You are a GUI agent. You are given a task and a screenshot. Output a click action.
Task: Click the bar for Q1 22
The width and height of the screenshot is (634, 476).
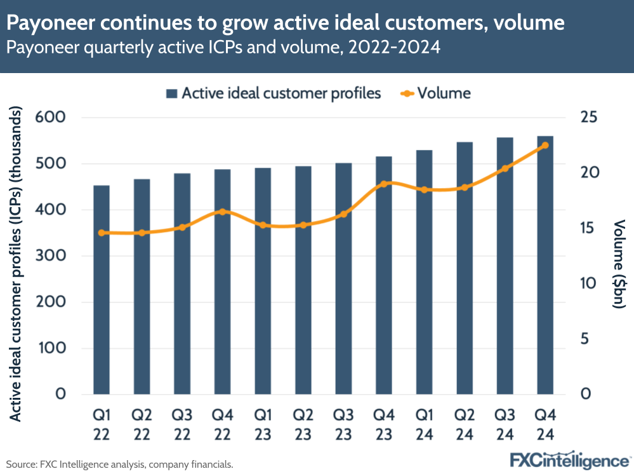(x=102, y=290)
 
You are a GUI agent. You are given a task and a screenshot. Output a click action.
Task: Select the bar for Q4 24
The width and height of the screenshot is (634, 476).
(x=545, y=265)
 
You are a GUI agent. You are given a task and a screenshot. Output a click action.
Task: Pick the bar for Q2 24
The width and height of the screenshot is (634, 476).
(x=465, y=268)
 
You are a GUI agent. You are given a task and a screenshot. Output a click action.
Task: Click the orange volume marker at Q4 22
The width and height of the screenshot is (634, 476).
(x=222, y=212)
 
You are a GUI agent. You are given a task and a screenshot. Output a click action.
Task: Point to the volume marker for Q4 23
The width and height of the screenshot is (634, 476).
(x=383, y=184)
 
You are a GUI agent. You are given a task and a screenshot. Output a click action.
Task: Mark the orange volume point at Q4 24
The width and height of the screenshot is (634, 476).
(x=545, y=146)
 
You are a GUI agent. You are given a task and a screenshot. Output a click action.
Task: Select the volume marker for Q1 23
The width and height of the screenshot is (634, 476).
(x=263, y=225)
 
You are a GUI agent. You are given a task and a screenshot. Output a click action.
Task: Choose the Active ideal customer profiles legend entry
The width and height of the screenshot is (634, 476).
(x=273, y=93)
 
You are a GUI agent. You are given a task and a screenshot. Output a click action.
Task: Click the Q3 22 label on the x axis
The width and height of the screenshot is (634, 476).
(x=182, y=425)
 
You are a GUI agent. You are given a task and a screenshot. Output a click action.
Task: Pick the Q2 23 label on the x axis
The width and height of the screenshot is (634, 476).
(x=303, y=425)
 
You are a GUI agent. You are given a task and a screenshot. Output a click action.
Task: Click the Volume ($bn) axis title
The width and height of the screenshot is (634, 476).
(x=619, y=263)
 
